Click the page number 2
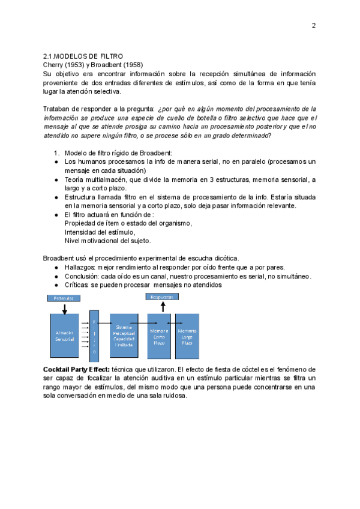click(313, 25)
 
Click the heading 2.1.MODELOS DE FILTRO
click(83, 56)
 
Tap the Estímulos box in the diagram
click(65, 298)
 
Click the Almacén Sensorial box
click(65, 336)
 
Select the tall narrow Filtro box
click(94, 336)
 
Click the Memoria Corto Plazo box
click(159, 336)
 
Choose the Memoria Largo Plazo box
click(187, 336)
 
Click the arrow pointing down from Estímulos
click(65, 307)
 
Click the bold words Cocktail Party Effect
click(76, 369)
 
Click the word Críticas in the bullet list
click(77, 285)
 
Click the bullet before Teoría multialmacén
click(56, 179)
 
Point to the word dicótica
click(225, 258)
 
